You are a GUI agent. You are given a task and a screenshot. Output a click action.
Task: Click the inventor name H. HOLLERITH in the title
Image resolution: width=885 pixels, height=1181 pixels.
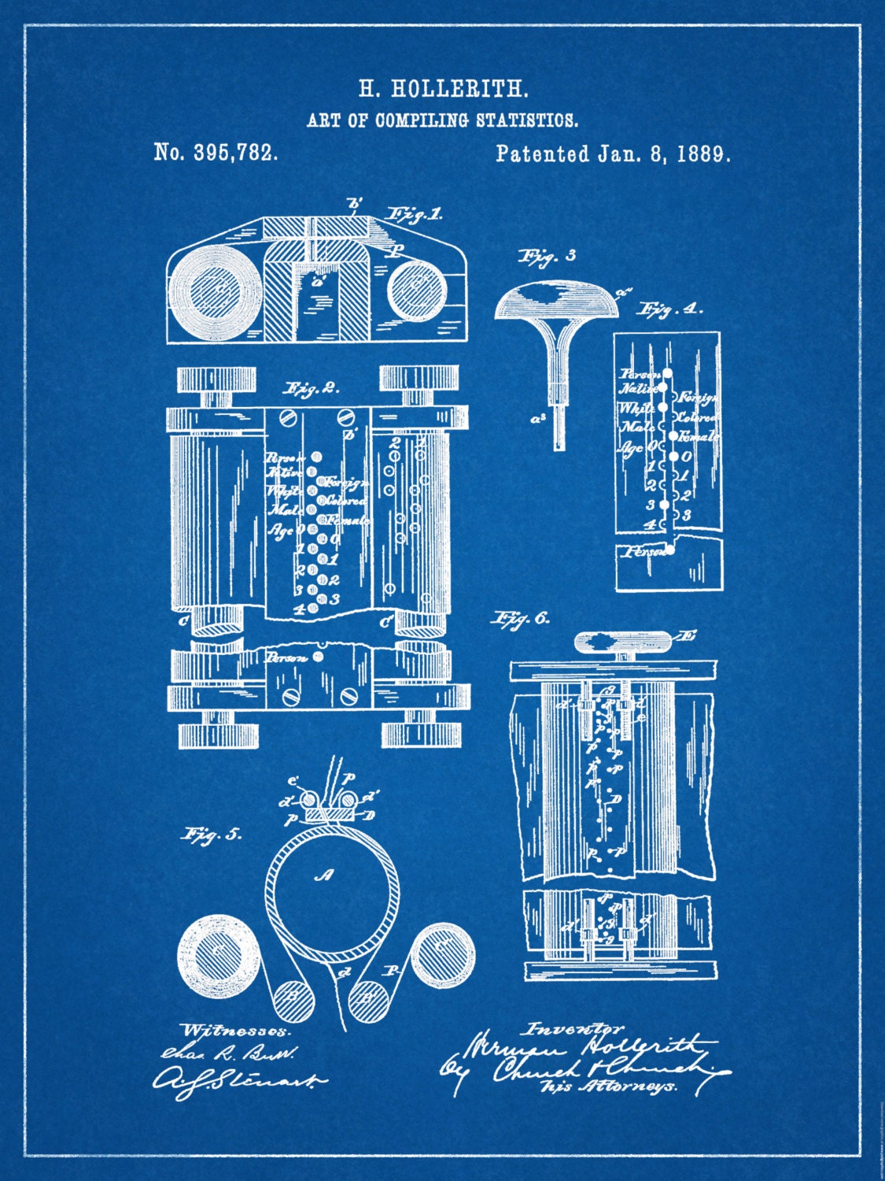pyautogui.click(x=444, y=89)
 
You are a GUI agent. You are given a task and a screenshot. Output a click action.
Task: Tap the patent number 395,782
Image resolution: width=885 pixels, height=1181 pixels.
pyautogui.click(x=235, y=153)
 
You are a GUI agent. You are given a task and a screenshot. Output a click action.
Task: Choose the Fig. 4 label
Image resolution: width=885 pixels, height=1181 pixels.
pyautogui.click(x=671, y=309)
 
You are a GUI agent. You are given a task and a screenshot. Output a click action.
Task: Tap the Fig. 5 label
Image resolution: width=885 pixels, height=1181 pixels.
pyautogui.click(x=213, y=835)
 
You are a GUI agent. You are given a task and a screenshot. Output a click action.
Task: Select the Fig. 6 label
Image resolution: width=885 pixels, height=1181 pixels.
pyautogui.click(x=521, y=619)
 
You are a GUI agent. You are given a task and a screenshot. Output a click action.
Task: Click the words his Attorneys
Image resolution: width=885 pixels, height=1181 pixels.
pyautogui.click(x=618, y=1086)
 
